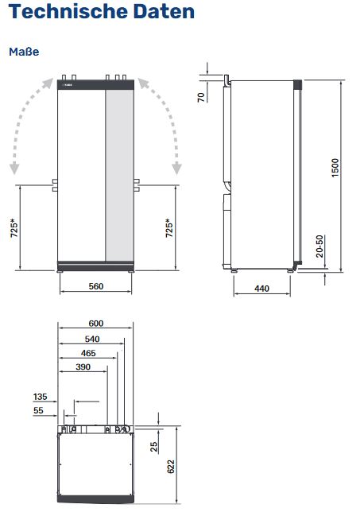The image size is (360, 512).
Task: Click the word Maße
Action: [x=24, y=52]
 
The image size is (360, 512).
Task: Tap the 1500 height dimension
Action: [x=335, y=169]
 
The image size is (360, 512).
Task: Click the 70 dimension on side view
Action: [x=201, y=97]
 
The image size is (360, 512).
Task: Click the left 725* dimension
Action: [x=14, y=231]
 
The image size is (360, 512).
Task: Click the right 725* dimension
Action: [x=168, y=231]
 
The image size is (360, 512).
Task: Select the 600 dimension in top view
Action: [x=96, y=324]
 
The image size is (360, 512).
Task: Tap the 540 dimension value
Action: [x=92, y=338]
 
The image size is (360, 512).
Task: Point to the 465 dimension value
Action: [x=89, y=352]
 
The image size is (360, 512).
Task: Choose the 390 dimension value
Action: [x=83, y=367]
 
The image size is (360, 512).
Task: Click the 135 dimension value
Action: [x=41, y=395]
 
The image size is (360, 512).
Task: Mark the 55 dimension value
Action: [x=38, y=410]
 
